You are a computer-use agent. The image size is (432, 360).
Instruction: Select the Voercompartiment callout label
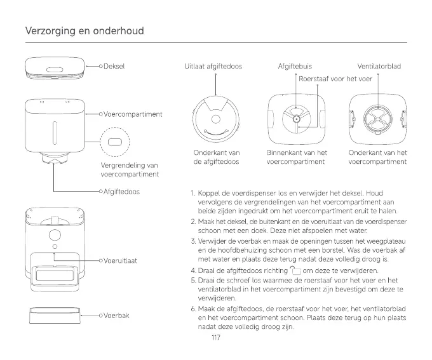132,114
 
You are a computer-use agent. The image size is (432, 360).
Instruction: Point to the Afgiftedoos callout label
121,190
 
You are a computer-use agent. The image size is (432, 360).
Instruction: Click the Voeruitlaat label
120,260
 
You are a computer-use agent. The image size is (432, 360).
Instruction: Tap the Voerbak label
116,315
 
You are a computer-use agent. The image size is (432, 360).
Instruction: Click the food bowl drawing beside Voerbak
55,316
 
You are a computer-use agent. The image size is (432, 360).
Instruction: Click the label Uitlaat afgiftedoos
213,66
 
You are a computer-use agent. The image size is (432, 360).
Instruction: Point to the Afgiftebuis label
295,66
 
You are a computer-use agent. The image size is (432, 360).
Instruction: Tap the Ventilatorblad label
379,66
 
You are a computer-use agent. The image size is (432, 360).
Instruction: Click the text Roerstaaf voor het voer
335,79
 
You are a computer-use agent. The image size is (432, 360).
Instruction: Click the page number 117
215,338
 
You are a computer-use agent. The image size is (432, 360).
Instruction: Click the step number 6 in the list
192,309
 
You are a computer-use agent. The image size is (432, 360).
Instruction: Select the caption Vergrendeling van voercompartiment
130,170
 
